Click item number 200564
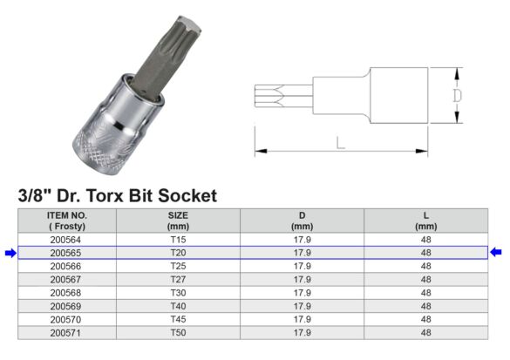click(66, 239)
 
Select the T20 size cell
click(178, 253)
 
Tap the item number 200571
click(66, 333)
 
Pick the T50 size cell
click(178, 333)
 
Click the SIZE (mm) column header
click(178, 220)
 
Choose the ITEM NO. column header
click(66, 220)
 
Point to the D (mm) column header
click(302, 220)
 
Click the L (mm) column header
click(425, 220)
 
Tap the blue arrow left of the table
click(10, 253)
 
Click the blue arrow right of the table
click(496, 253)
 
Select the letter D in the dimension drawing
click(456, 95)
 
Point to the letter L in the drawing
click(341, 143)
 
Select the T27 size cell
click(178, 279)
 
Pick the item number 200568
click(66, 293)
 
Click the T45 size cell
click(178, 319)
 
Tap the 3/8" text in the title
click(33, 196)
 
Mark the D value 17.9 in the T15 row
click(302, 239)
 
